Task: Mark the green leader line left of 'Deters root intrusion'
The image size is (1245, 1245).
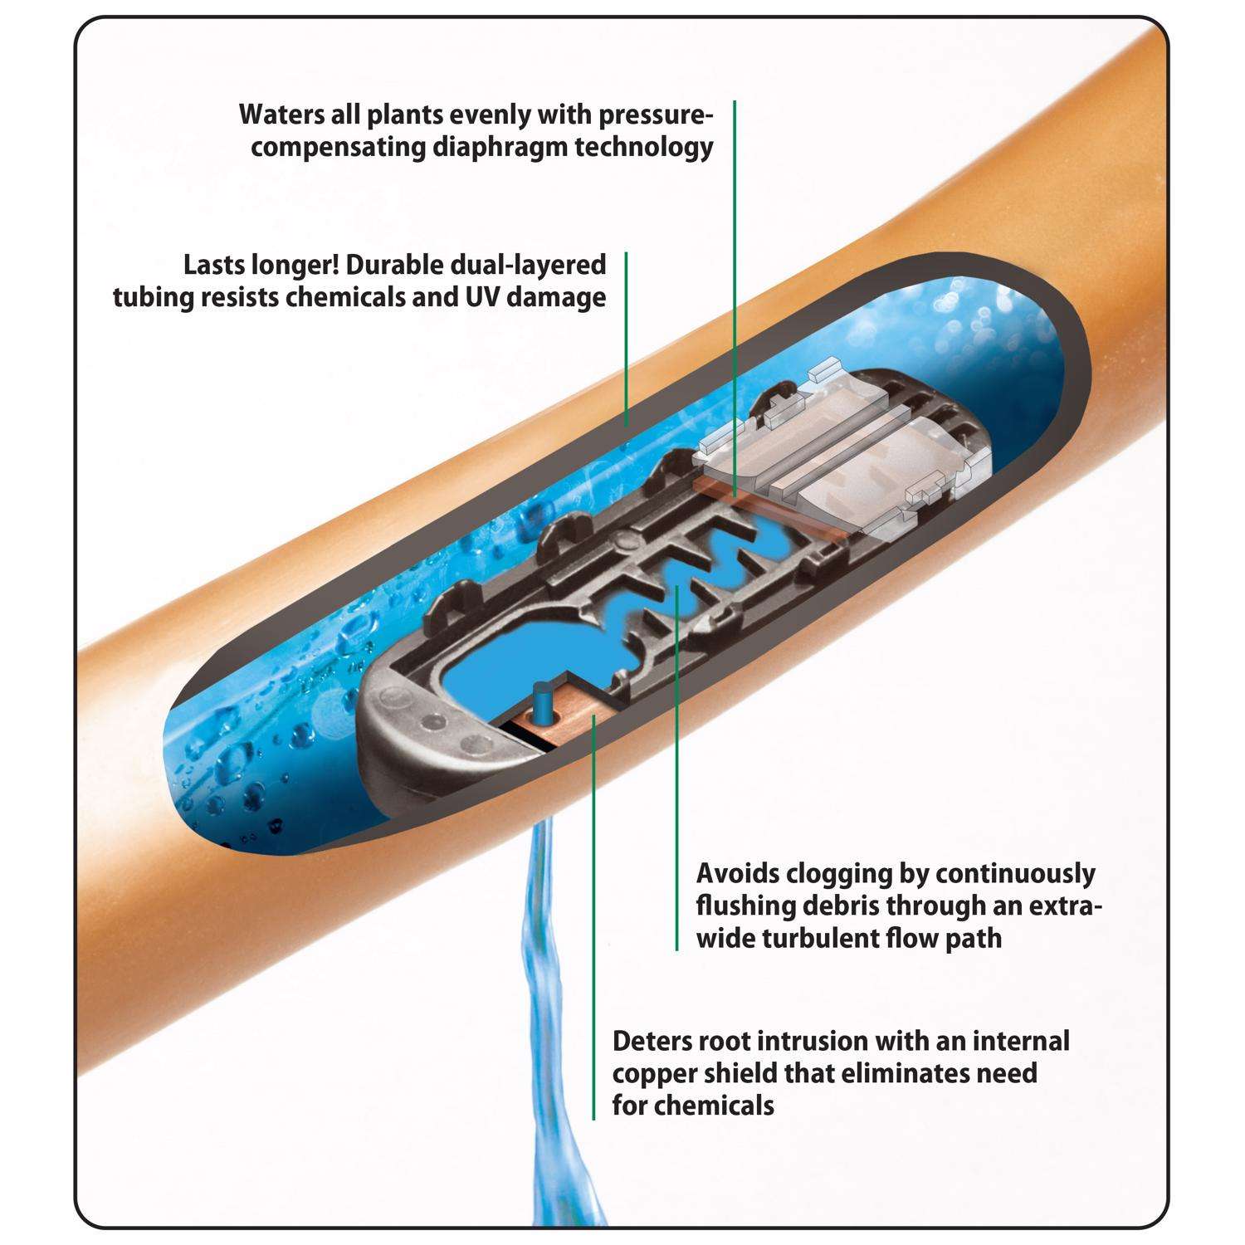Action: tap(593, 954)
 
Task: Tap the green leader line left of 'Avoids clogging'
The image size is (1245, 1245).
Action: tap(676, 788)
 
